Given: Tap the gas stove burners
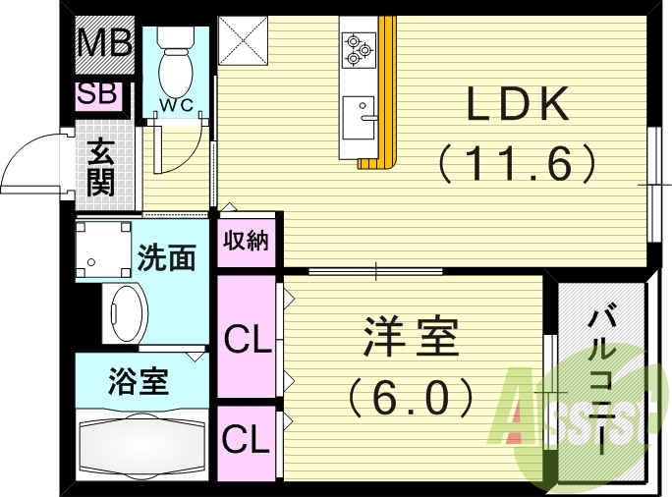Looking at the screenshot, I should (357, 46).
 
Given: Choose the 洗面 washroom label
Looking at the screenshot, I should (165, 258).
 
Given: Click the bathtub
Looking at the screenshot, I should (140, 447).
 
